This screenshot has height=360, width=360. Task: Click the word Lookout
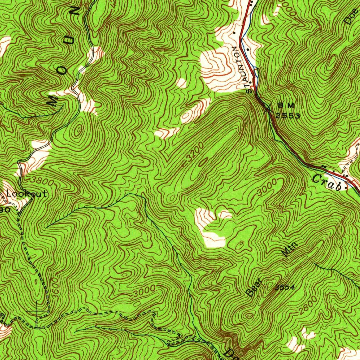click(x=27, y=194)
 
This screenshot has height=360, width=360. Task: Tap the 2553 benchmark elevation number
click(x=288, y=116)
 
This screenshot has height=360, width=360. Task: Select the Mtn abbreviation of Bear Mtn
click(x=291, y=250)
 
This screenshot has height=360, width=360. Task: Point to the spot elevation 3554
click(x=284, y=288)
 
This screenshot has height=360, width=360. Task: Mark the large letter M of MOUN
click(x=53, y=100)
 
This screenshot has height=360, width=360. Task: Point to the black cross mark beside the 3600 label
click(x=37, y=311)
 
